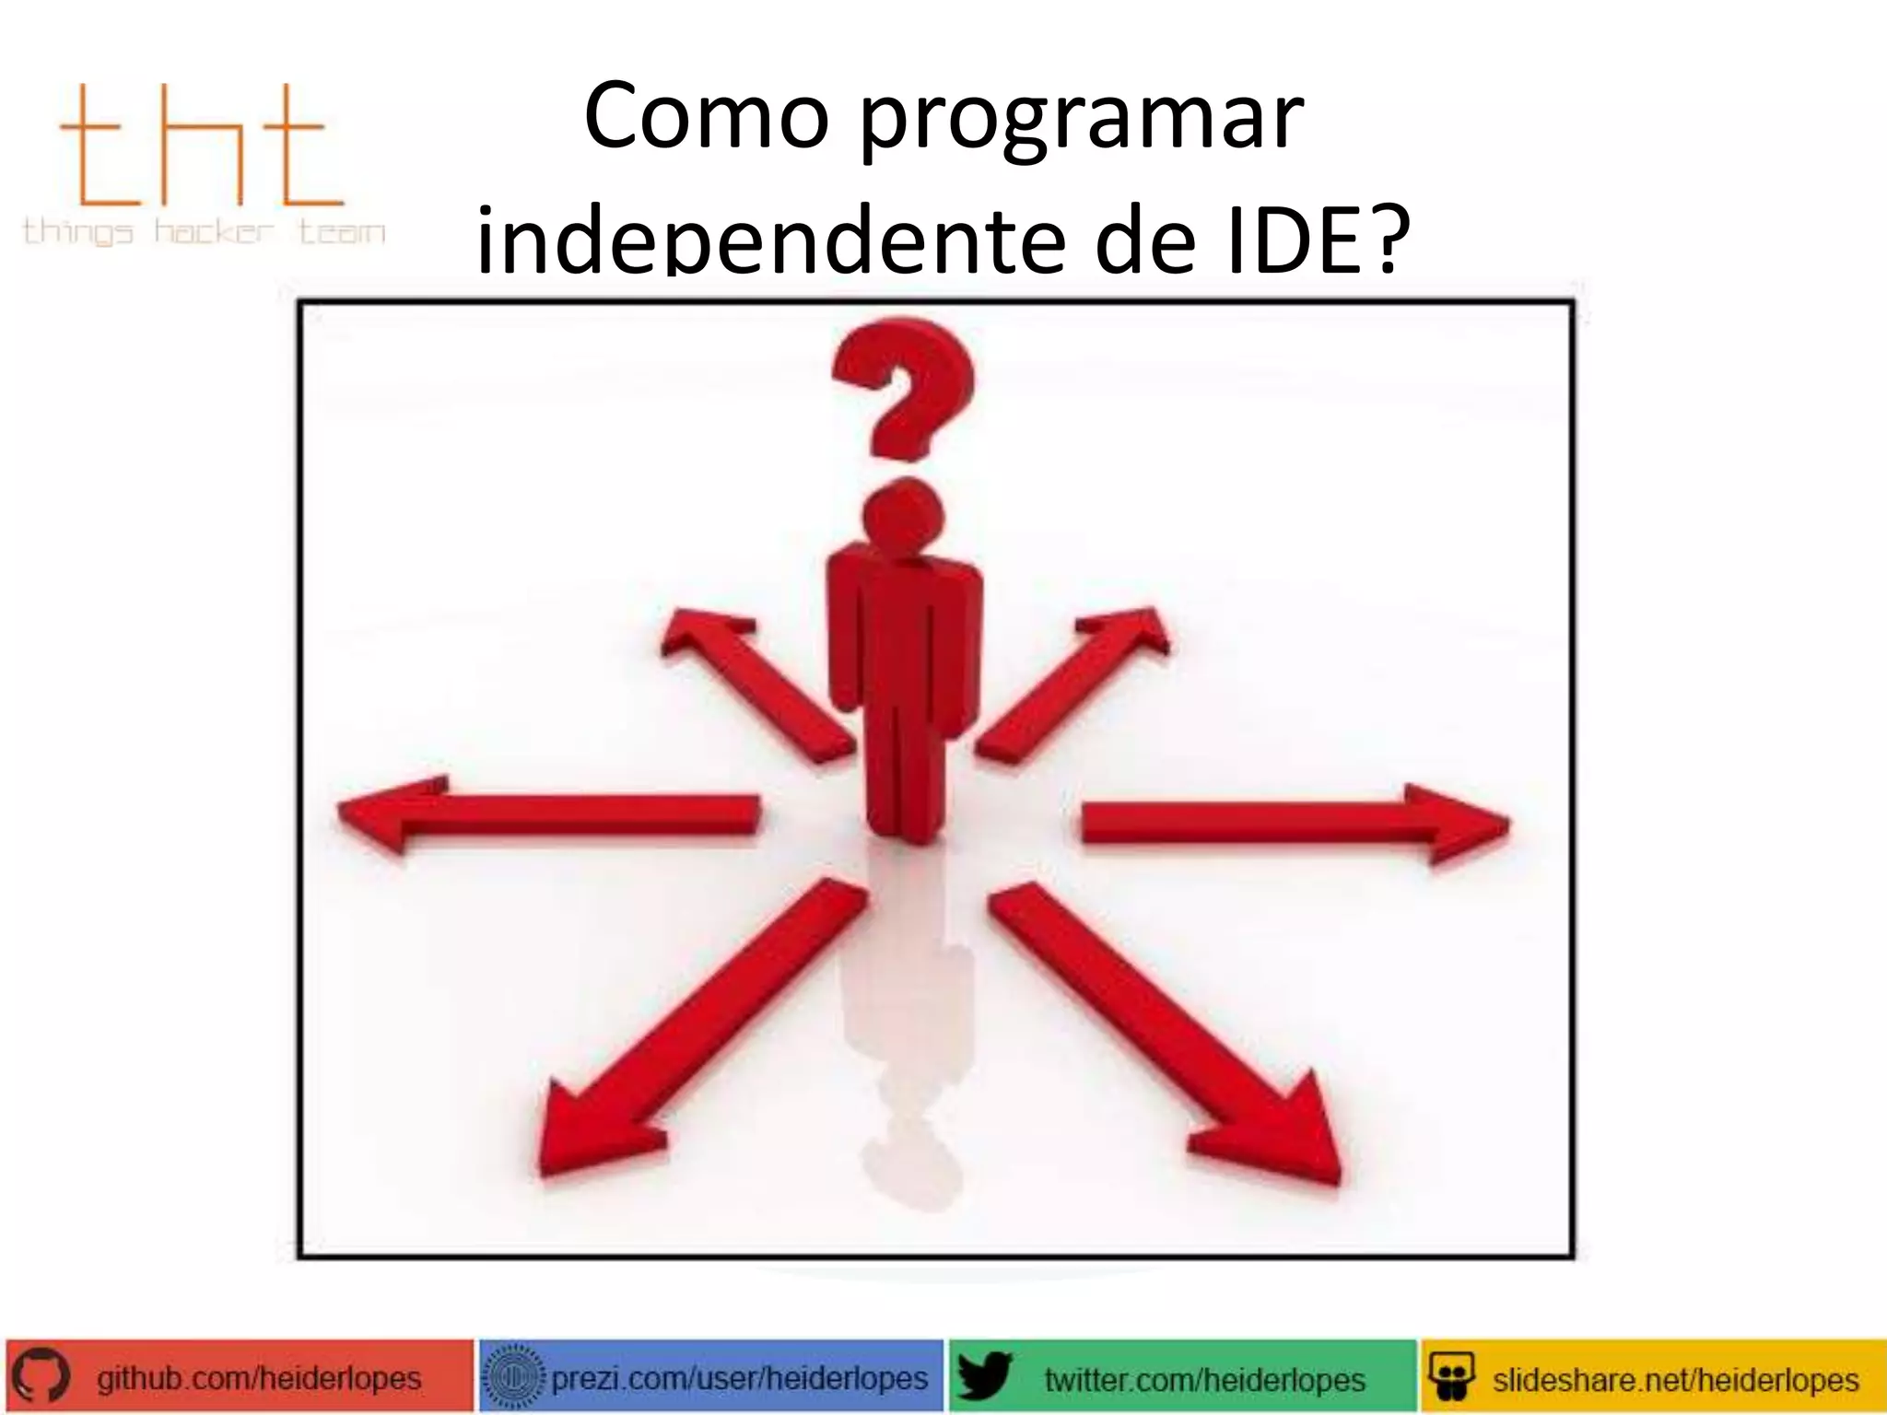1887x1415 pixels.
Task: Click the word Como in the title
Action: pos(707,118)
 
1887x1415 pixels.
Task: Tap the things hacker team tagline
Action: pos(203,230)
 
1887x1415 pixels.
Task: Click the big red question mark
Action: pos(904,387)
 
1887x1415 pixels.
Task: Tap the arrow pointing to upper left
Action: pos(751,682)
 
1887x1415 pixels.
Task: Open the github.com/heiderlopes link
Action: pos(259,1379)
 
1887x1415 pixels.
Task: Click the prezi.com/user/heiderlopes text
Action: pos(739,1379)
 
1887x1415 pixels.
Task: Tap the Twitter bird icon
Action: pos(984,1377)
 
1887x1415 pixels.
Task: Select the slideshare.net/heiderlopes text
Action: pos(1675,1380)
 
